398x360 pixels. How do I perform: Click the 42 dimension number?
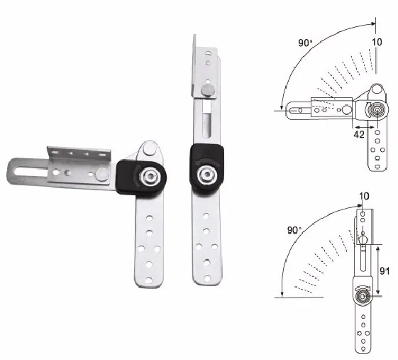359,132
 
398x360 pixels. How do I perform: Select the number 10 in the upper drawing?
377,43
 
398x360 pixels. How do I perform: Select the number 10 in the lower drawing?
365,195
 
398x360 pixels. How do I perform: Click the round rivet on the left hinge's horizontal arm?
104,173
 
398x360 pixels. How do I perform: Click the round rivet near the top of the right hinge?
207,90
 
